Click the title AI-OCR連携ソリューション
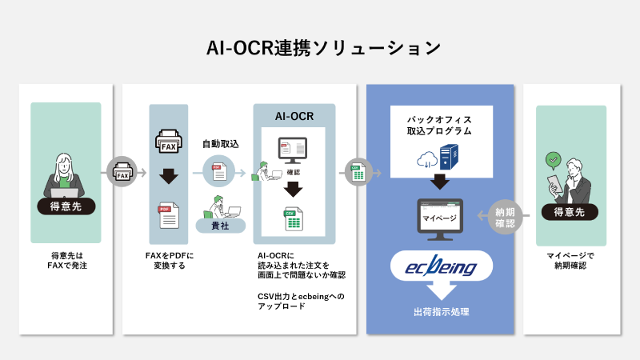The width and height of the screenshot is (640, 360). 320,47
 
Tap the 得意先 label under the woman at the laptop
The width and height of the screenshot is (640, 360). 66,206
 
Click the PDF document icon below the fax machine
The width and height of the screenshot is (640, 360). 169,216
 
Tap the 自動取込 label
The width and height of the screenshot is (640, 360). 220,145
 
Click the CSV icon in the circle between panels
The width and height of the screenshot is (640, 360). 355,172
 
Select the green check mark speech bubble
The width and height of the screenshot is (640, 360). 551,159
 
